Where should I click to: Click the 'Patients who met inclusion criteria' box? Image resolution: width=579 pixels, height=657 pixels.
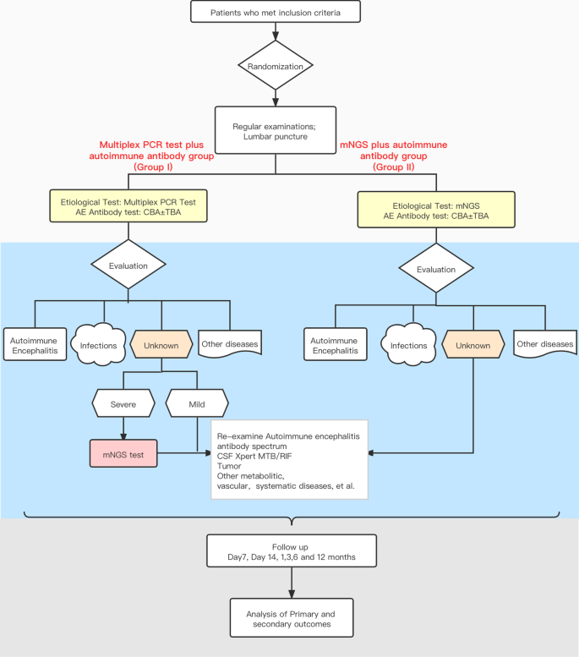[276, 13]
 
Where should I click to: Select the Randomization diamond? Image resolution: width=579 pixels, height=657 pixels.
[276, 65]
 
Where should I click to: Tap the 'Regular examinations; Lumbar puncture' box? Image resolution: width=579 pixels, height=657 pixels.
[276, 130]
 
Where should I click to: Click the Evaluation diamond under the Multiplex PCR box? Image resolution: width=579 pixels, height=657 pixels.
[128, 265]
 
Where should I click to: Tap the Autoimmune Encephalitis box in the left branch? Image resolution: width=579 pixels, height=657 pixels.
[35, 345]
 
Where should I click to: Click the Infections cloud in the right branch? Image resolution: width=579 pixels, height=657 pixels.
[407, 345]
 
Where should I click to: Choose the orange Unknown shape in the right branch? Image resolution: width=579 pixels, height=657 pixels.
[472, 345]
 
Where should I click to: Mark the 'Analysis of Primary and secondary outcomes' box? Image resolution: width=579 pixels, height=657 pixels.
[292, 617]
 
